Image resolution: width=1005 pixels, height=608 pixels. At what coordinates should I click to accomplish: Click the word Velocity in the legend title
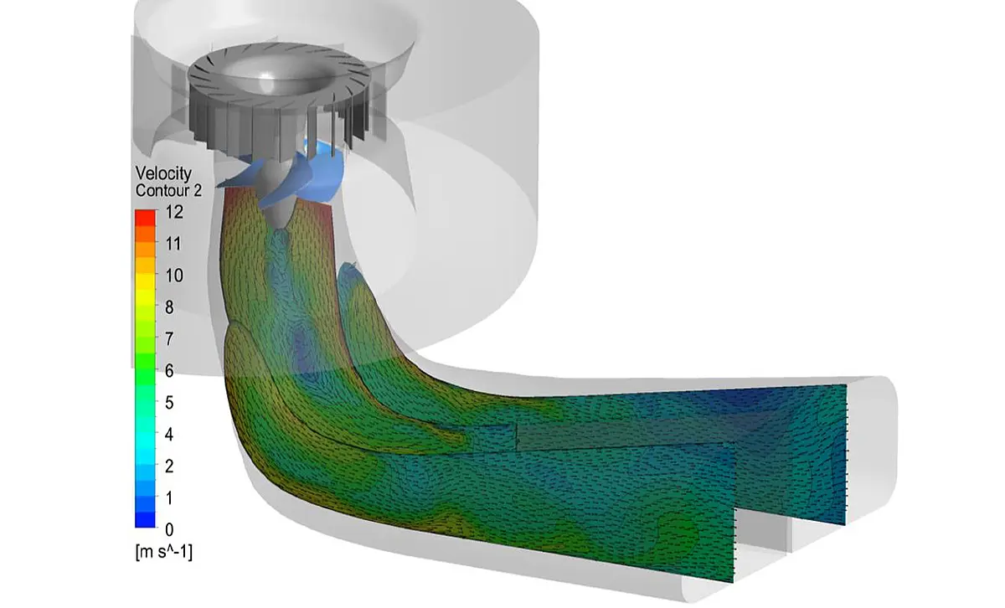click(x=163, y=173)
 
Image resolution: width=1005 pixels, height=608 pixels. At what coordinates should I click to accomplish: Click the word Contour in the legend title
click(x=158, y=191)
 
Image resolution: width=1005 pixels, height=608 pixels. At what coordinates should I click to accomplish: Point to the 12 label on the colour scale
click(x=174, y=212)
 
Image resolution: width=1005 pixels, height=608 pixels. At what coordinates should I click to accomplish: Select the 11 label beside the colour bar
click(x=173, y=244)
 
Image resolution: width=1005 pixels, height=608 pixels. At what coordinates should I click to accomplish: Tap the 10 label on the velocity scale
click(x=174, y=276)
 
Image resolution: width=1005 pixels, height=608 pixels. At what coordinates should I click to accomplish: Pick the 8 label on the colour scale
click(x=169, y=307)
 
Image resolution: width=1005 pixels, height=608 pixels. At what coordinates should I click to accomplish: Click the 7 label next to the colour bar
click(x=169, y=339)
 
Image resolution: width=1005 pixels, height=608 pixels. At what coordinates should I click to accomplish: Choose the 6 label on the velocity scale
click(x=169, y=371)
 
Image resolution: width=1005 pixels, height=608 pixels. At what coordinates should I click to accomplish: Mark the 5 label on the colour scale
click(x=169, y=403)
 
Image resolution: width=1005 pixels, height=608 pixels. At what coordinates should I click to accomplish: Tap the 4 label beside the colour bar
click(x=169, y=435)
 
